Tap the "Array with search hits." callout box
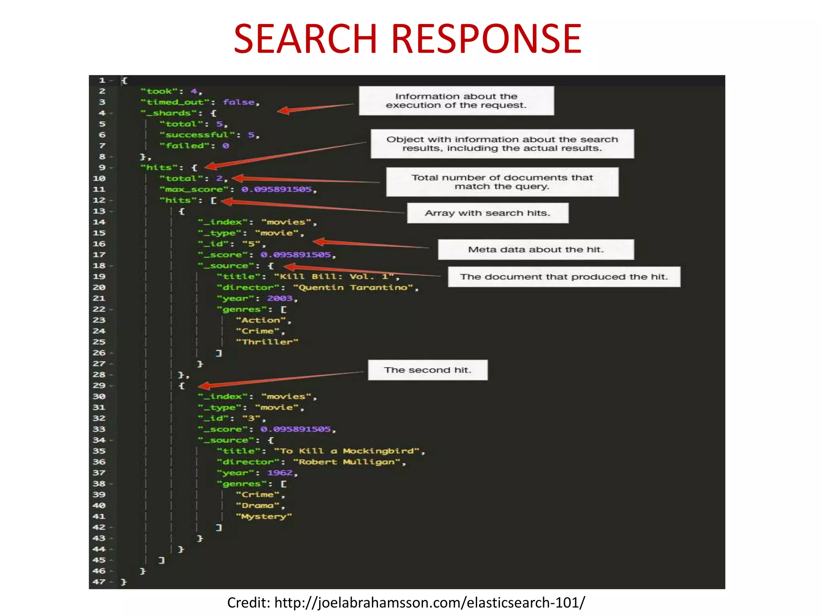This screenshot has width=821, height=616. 487,213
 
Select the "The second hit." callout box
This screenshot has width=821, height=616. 427,370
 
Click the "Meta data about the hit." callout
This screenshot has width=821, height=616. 536,249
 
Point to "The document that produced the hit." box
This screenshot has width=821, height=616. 564,277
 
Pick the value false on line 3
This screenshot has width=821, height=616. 239,102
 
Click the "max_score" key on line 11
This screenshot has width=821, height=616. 194,189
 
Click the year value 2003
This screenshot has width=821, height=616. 280,298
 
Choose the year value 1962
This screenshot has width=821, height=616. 280,473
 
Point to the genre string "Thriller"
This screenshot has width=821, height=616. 267,342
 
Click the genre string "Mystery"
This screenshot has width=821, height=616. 264,517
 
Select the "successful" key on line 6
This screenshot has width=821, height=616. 197,135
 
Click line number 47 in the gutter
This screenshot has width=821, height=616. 99,582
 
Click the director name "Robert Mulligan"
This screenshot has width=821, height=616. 346,462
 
